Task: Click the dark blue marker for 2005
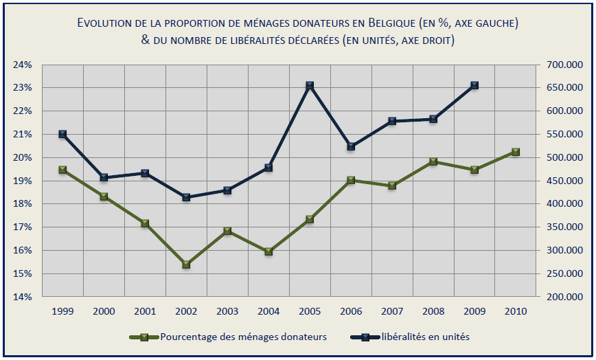310,86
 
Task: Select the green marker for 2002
186,265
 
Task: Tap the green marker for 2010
516,153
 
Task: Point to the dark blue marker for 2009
474,86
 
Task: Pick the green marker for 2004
268,251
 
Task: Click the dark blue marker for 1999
62,134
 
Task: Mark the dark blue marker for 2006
351,146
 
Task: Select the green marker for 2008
433,162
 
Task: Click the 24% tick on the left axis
23,65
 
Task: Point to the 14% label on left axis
23,297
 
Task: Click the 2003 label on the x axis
227,312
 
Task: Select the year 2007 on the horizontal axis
392,312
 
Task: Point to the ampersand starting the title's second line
145,40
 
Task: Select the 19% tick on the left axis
23,181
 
